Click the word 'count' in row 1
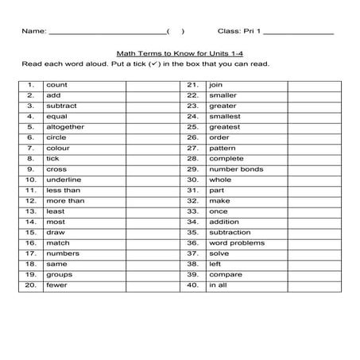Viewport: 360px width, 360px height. pyautogui.click(x=56, y=83)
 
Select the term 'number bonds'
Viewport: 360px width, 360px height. pyautogui.click(x=235, y=168)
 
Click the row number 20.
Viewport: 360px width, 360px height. pyautogui.click(x=30, y=285)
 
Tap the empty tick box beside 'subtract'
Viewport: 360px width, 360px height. pyautogui.click(x=152, y=105)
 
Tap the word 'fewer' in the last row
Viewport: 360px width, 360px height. pyautogui.click(x=57, y=285)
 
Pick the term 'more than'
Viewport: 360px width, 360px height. pyautogui.click(x=65, y=200)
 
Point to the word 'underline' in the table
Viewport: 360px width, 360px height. pyautogui.click(x=64, y=179)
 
